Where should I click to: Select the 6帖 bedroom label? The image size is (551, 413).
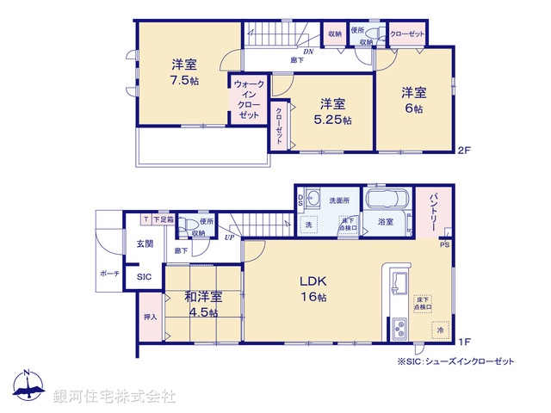412,109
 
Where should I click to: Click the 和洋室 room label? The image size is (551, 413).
202,297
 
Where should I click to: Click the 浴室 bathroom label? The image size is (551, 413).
384,222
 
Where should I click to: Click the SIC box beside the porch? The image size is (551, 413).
143,277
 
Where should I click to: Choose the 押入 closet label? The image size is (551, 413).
150,317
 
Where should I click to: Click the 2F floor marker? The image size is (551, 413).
465,150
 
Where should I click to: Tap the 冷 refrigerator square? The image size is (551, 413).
439,330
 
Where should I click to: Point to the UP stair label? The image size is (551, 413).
229,237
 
